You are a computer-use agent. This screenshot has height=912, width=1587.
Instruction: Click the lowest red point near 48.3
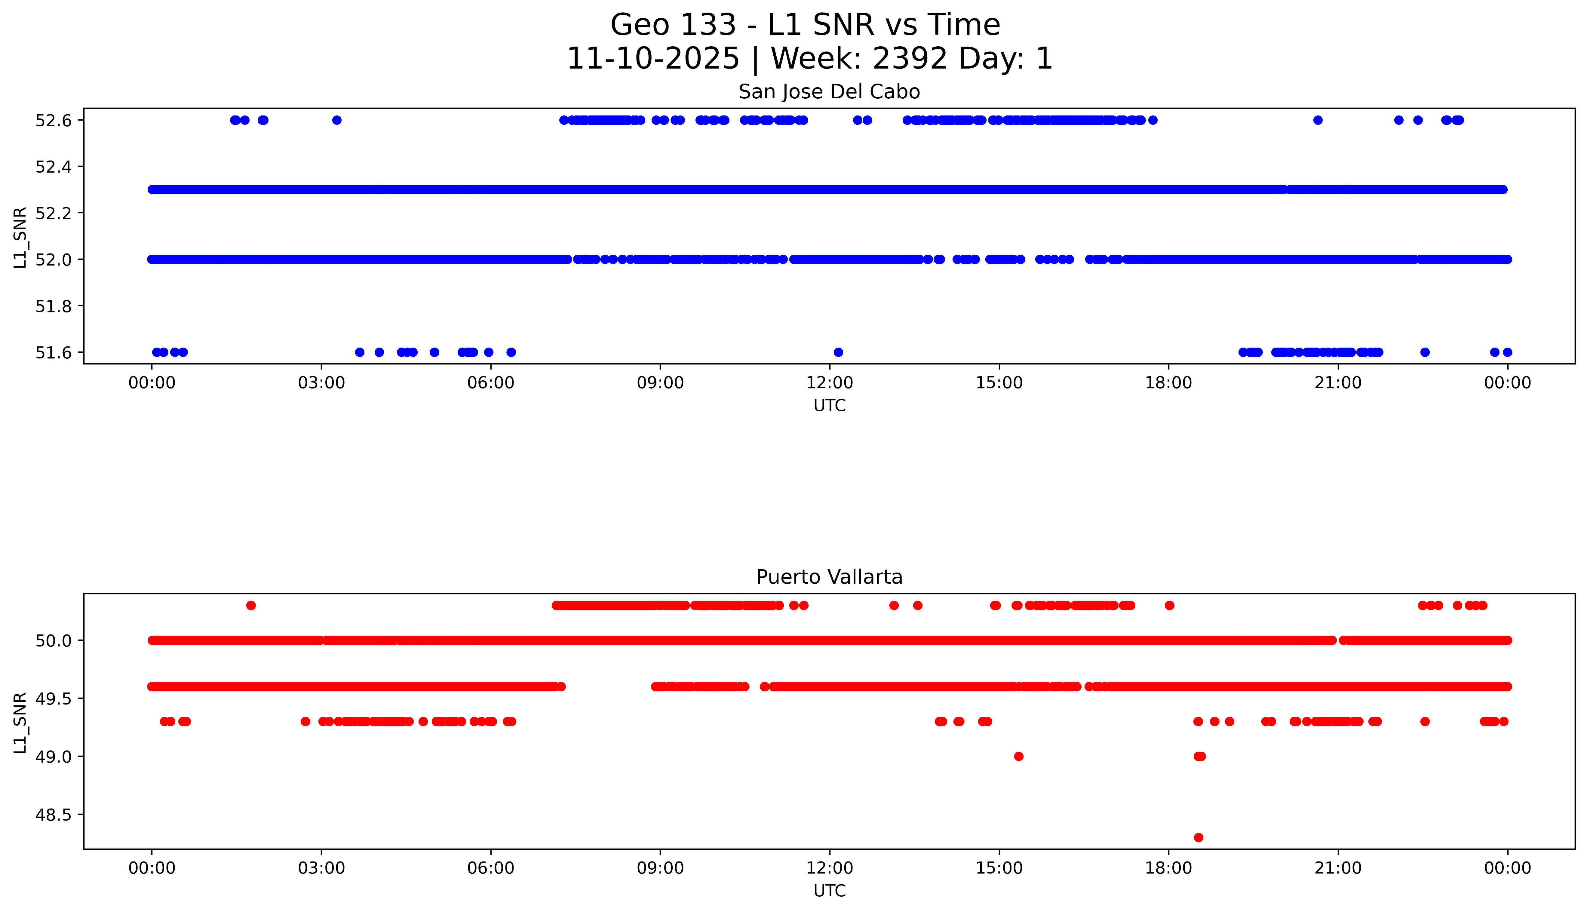1198,837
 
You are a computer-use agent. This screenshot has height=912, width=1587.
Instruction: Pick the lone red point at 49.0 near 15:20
1018,757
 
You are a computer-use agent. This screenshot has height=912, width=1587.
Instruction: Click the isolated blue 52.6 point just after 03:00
337,120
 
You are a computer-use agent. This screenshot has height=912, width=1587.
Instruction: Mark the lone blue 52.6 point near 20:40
1318,120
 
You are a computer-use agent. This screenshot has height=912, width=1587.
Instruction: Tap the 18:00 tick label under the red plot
1169,868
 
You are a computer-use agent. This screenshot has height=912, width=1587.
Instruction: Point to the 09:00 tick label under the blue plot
660,383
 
